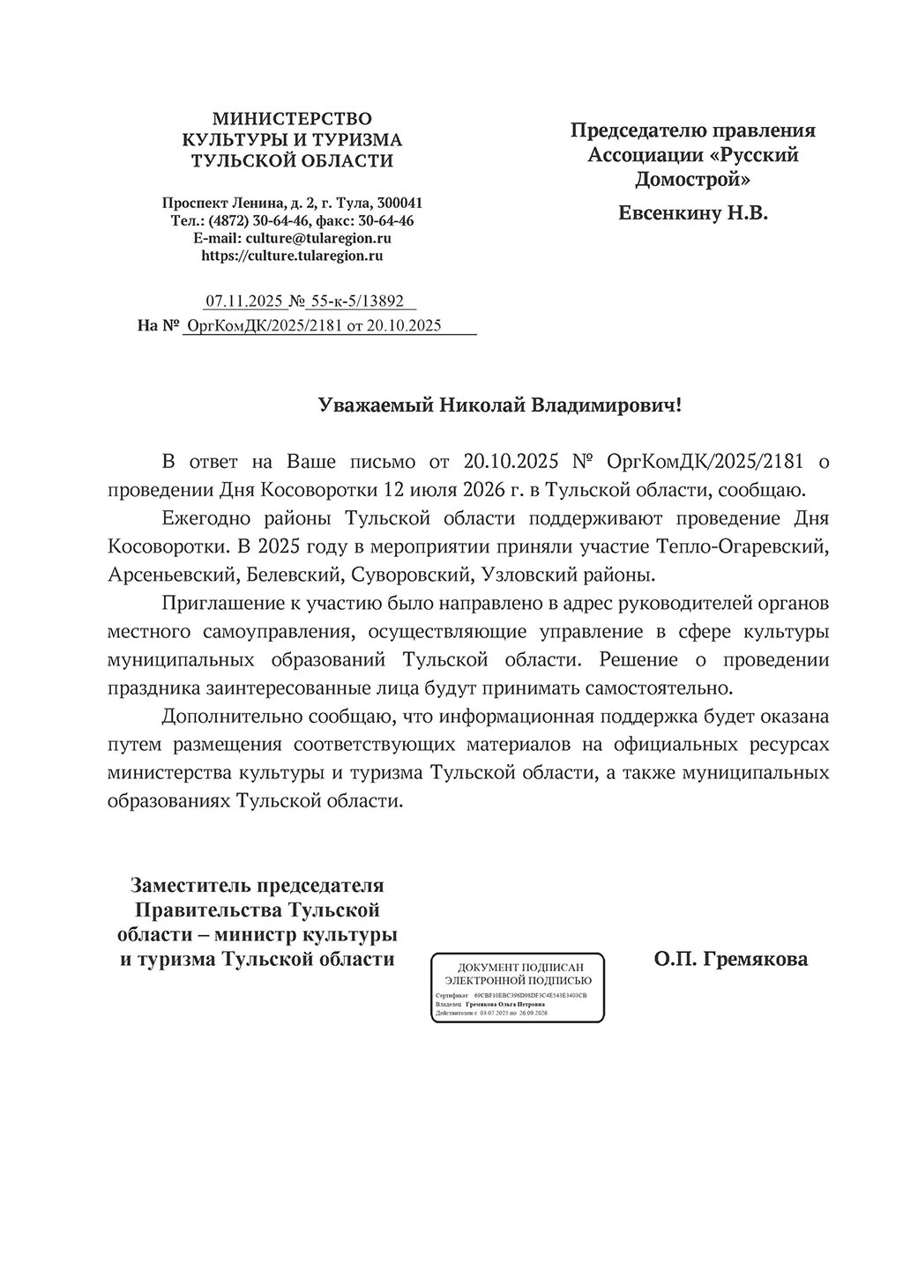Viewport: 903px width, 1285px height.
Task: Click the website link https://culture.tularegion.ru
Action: click(292, 256)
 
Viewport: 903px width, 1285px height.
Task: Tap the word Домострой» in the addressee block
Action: click(692, 180)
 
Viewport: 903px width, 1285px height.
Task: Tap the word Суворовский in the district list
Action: click(411, 575)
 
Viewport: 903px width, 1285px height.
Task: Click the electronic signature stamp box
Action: click(518, 986)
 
